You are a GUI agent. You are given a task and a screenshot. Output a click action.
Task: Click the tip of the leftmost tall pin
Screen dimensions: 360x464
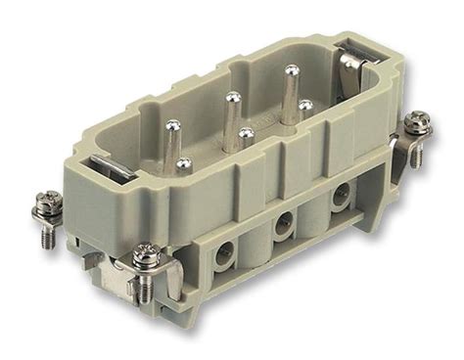(x=172, y=125)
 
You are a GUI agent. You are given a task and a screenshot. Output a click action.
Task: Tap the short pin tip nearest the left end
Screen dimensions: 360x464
(x=183, y=162)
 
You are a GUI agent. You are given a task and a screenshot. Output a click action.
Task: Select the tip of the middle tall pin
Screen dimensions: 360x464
(x=232, y=97)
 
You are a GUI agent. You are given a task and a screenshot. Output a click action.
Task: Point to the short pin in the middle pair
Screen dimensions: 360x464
(x=246, y=133)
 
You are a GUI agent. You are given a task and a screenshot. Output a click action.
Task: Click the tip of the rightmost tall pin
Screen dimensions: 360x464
(x=291, y=69)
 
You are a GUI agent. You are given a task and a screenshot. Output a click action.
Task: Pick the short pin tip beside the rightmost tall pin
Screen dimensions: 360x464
(x=305, y=105)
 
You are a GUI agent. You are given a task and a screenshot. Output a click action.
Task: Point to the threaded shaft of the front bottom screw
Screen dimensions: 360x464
(x=146, y=285)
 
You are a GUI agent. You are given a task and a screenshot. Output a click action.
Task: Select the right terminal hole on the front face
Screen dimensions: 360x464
(x=339, y=196)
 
